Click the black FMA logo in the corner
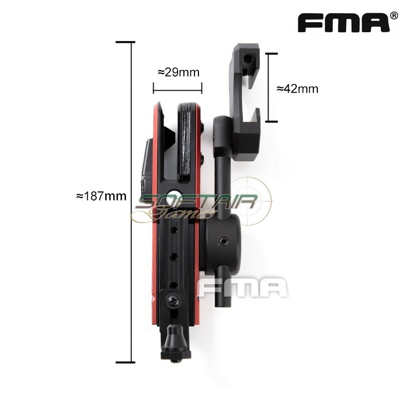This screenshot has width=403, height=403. point(343,23)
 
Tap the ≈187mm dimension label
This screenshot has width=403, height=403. point(101,196)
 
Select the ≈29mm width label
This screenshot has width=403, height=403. point(178,72)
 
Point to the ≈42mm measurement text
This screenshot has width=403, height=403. point(298,89)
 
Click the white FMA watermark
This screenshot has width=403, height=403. point(242,288)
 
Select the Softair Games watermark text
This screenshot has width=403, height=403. point(196,205)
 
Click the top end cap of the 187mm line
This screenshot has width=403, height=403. point(125,42)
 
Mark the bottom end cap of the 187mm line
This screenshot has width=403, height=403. point(125,362)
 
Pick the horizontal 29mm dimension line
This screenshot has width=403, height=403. point(177,91)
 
